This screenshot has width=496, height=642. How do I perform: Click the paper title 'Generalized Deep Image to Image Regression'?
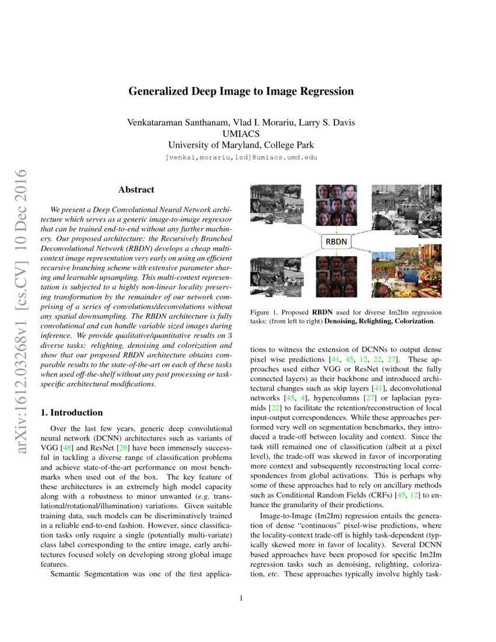pos(240,92)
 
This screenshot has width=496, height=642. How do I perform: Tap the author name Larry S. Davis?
pos(327,123)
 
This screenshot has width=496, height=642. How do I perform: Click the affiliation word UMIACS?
pos(240,134)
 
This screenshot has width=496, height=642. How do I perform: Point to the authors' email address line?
pos(240,158)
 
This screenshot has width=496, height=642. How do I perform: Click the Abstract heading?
pos(136,190)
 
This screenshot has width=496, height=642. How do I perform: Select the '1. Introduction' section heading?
pos(72,413)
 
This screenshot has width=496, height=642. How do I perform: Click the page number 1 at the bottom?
pos(240,598)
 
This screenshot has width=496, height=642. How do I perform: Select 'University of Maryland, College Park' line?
pos(240,145)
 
